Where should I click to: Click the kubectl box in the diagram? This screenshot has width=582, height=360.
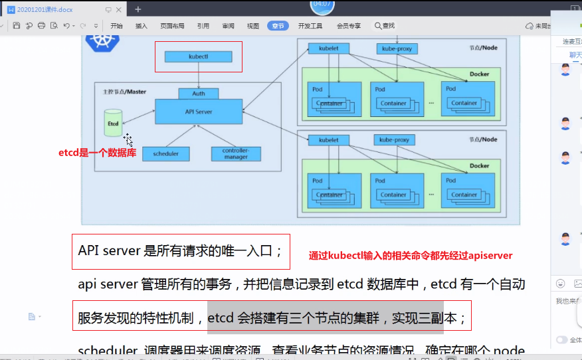pos(198,57)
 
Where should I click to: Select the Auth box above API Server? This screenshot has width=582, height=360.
pos(199,94)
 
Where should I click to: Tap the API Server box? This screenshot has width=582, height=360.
pos(199,112)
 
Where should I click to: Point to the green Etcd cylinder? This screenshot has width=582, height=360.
pos(114,124)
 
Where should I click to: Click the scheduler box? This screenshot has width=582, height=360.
pos(165,153)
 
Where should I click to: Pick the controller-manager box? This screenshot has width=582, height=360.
pos(236,153)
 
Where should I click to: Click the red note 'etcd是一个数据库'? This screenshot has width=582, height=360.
pos(97,153)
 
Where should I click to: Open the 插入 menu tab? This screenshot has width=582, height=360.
pos(141,26)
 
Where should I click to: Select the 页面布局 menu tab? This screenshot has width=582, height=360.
pos(172,26)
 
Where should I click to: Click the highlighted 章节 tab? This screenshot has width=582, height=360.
pos(278,26)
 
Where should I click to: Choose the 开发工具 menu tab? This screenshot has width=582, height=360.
pos(310,26)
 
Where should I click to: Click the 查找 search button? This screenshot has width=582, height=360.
pos(384,26)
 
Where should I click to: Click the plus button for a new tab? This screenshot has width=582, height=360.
pos(138,9)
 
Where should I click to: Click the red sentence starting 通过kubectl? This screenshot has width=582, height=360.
pos(410,255)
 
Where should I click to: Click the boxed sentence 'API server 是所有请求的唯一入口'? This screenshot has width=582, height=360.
pos(181,251)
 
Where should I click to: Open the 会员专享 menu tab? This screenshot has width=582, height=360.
pos(349,26)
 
